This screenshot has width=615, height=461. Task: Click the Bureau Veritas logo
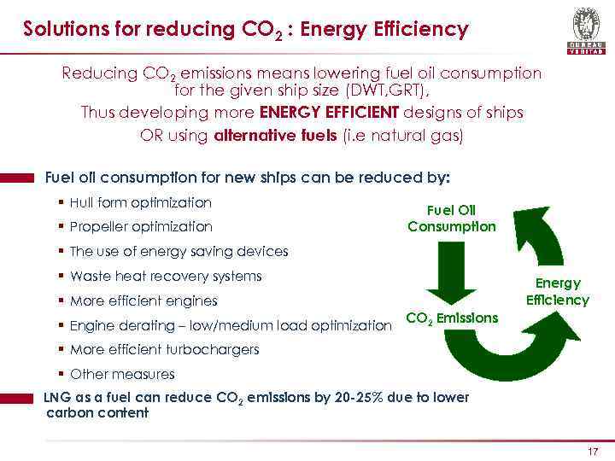click(x=585, y=31)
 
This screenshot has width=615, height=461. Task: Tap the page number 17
click(x=593, y=452)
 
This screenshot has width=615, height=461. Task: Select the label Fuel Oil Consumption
click(x=452, y=219)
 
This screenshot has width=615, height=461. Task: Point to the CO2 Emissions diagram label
click(x=452, y=318)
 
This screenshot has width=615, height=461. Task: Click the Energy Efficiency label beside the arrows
click(x=557, y=291)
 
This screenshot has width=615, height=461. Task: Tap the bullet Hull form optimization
click(x=140, y=203)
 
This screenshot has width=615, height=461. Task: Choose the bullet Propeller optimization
click(x=141, y=227)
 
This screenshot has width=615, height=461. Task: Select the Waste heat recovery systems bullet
click(x=166, y=277)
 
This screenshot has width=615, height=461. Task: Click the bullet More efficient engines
click(x=143, y=301)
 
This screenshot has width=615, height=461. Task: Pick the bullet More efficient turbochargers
click(x=164, y=349)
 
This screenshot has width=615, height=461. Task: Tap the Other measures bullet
click(x=122, y=374)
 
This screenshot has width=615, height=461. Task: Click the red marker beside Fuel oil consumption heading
click(x=17, y=178)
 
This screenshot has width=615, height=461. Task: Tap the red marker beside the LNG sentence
click(x=17, y=398)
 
